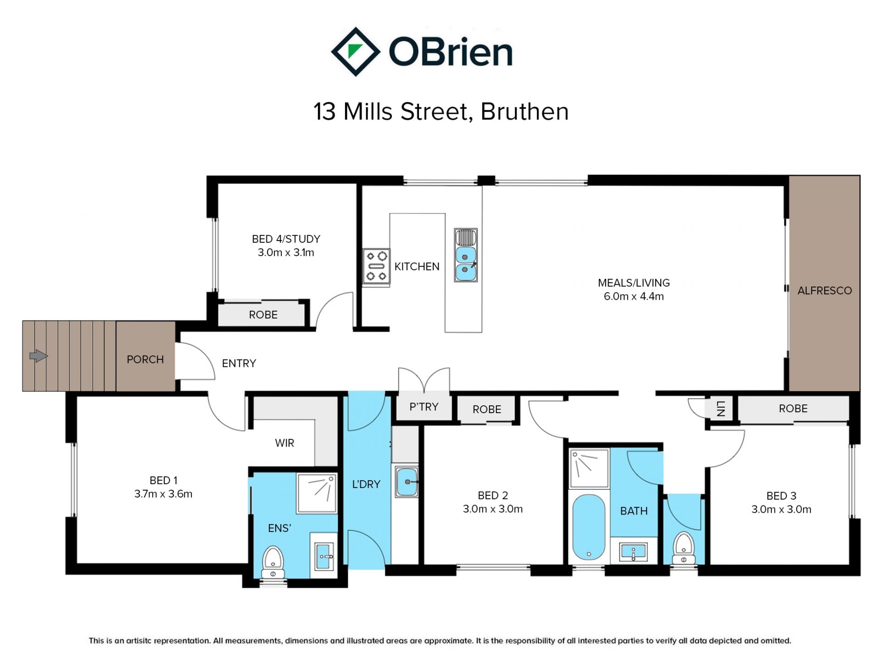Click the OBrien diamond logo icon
point(356,51)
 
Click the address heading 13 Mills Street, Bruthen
point(441,112)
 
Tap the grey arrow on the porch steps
point(39,356)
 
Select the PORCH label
point(145,359)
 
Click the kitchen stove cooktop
point(376,266)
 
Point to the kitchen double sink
point(466,255)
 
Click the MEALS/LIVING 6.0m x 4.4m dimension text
point(634,296)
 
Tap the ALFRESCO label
point(825,291)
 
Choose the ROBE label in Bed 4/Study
point(263,315)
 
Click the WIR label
point(284,443)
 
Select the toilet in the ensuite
point(273,562)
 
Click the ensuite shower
point(317,493)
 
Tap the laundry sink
point(407,482)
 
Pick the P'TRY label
point(424,407)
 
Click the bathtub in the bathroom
point(589,527)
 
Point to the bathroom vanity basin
point(633,551)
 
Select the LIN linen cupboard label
point(721,408)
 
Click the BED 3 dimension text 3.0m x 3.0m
point(781,509)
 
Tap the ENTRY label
point(239,364)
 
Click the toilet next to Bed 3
point(684,548)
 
